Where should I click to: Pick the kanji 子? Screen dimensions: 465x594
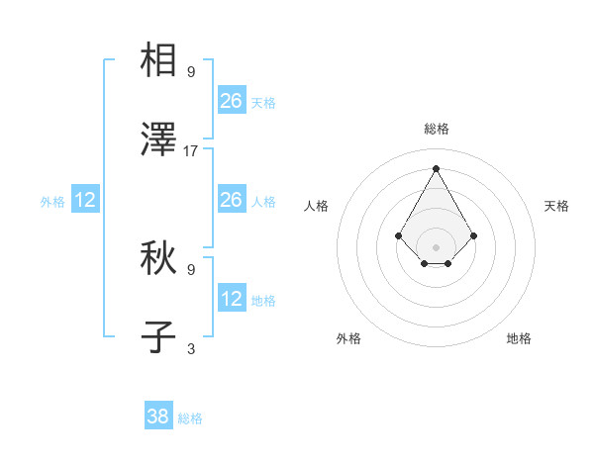[x=159, y=337]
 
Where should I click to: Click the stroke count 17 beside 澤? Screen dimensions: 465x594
[x=191, y=151]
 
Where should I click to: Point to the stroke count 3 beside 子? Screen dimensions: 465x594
[x=191, y=348]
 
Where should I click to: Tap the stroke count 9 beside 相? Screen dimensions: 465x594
[x=191, y=71]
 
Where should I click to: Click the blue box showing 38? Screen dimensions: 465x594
[x=158, y=417]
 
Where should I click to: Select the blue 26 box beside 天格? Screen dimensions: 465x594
[x=232, y=101]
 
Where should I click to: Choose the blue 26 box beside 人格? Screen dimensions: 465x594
[x=232, y=200]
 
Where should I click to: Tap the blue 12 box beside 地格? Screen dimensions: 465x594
[x=232, y=299]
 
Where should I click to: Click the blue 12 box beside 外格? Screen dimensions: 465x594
[x=85, y=200]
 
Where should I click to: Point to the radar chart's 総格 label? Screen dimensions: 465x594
[x=436, y=129]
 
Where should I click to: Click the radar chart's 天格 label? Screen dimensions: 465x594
[x=557, y=206]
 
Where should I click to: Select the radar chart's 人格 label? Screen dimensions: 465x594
[x=317, y=206]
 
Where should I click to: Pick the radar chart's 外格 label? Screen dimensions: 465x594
[x=348, y=338]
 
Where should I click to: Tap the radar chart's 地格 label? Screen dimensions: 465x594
[x=519, y=338]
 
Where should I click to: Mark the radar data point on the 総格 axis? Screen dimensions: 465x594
[x=436, y=167]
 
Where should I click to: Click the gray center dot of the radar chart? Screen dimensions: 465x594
[x=436, y=246]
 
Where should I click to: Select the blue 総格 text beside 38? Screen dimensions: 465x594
[x=190, y=418]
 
